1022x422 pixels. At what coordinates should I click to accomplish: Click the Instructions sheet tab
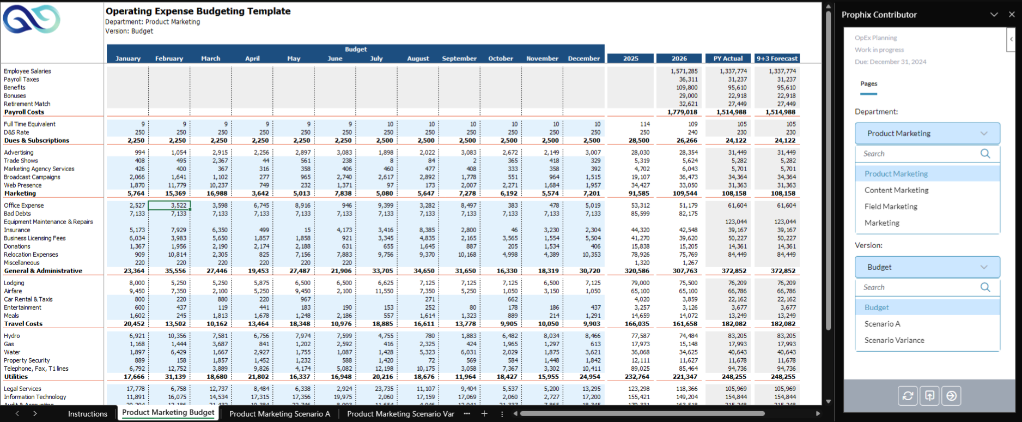click(x=87, y=414)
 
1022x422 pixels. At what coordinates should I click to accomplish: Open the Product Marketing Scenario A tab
click(x=279, y=414)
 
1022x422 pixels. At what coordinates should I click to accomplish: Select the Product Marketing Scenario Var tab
click(x=400, y=414)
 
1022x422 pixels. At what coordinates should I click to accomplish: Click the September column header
click(x=459, y=58)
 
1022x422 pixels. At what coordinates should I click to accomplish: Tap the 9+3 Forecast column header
click(x=777, y=58)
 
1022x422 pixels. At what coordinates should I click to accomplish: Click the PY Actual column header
click(x=728, y=58)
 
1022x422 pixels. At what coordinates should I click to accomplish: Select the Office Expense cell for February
click(x=169, y=206)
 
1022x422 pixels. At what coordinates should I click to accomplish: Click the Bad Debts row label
click(x=17, y=214)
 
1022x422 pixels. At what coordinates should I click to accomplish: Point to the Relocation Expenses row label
click(x=31, y=255)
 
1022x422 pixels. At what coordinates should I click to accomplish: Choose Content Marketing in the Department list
click(x=896, y=190)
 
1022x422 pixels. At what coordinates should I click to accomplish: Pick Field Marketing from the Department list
click(x=891, y=207)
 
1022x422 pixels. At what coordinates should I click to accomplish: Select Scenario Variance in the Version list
click(x=894, y=340)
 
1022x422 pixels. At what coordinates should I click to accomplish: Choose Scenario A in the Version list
click(x=882, y=324)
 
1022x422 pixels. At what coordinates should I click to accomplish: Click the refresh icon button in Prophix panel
click(x=908, y=396)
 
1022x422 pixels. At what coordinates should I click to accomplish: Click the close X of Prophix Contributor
click(x=1012, y=15)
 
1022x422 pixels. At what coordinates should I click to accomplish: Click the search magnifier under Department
click(x=985, y=154)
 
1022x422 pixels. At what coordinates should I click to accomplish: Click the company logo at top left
click(x=32, y=20)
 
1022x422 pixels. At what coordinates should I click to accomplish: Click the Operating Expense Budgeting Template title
click(x=198, y=11)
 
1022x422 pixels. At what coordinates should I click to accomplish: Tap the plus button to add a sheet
click(x=484, y=414)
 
